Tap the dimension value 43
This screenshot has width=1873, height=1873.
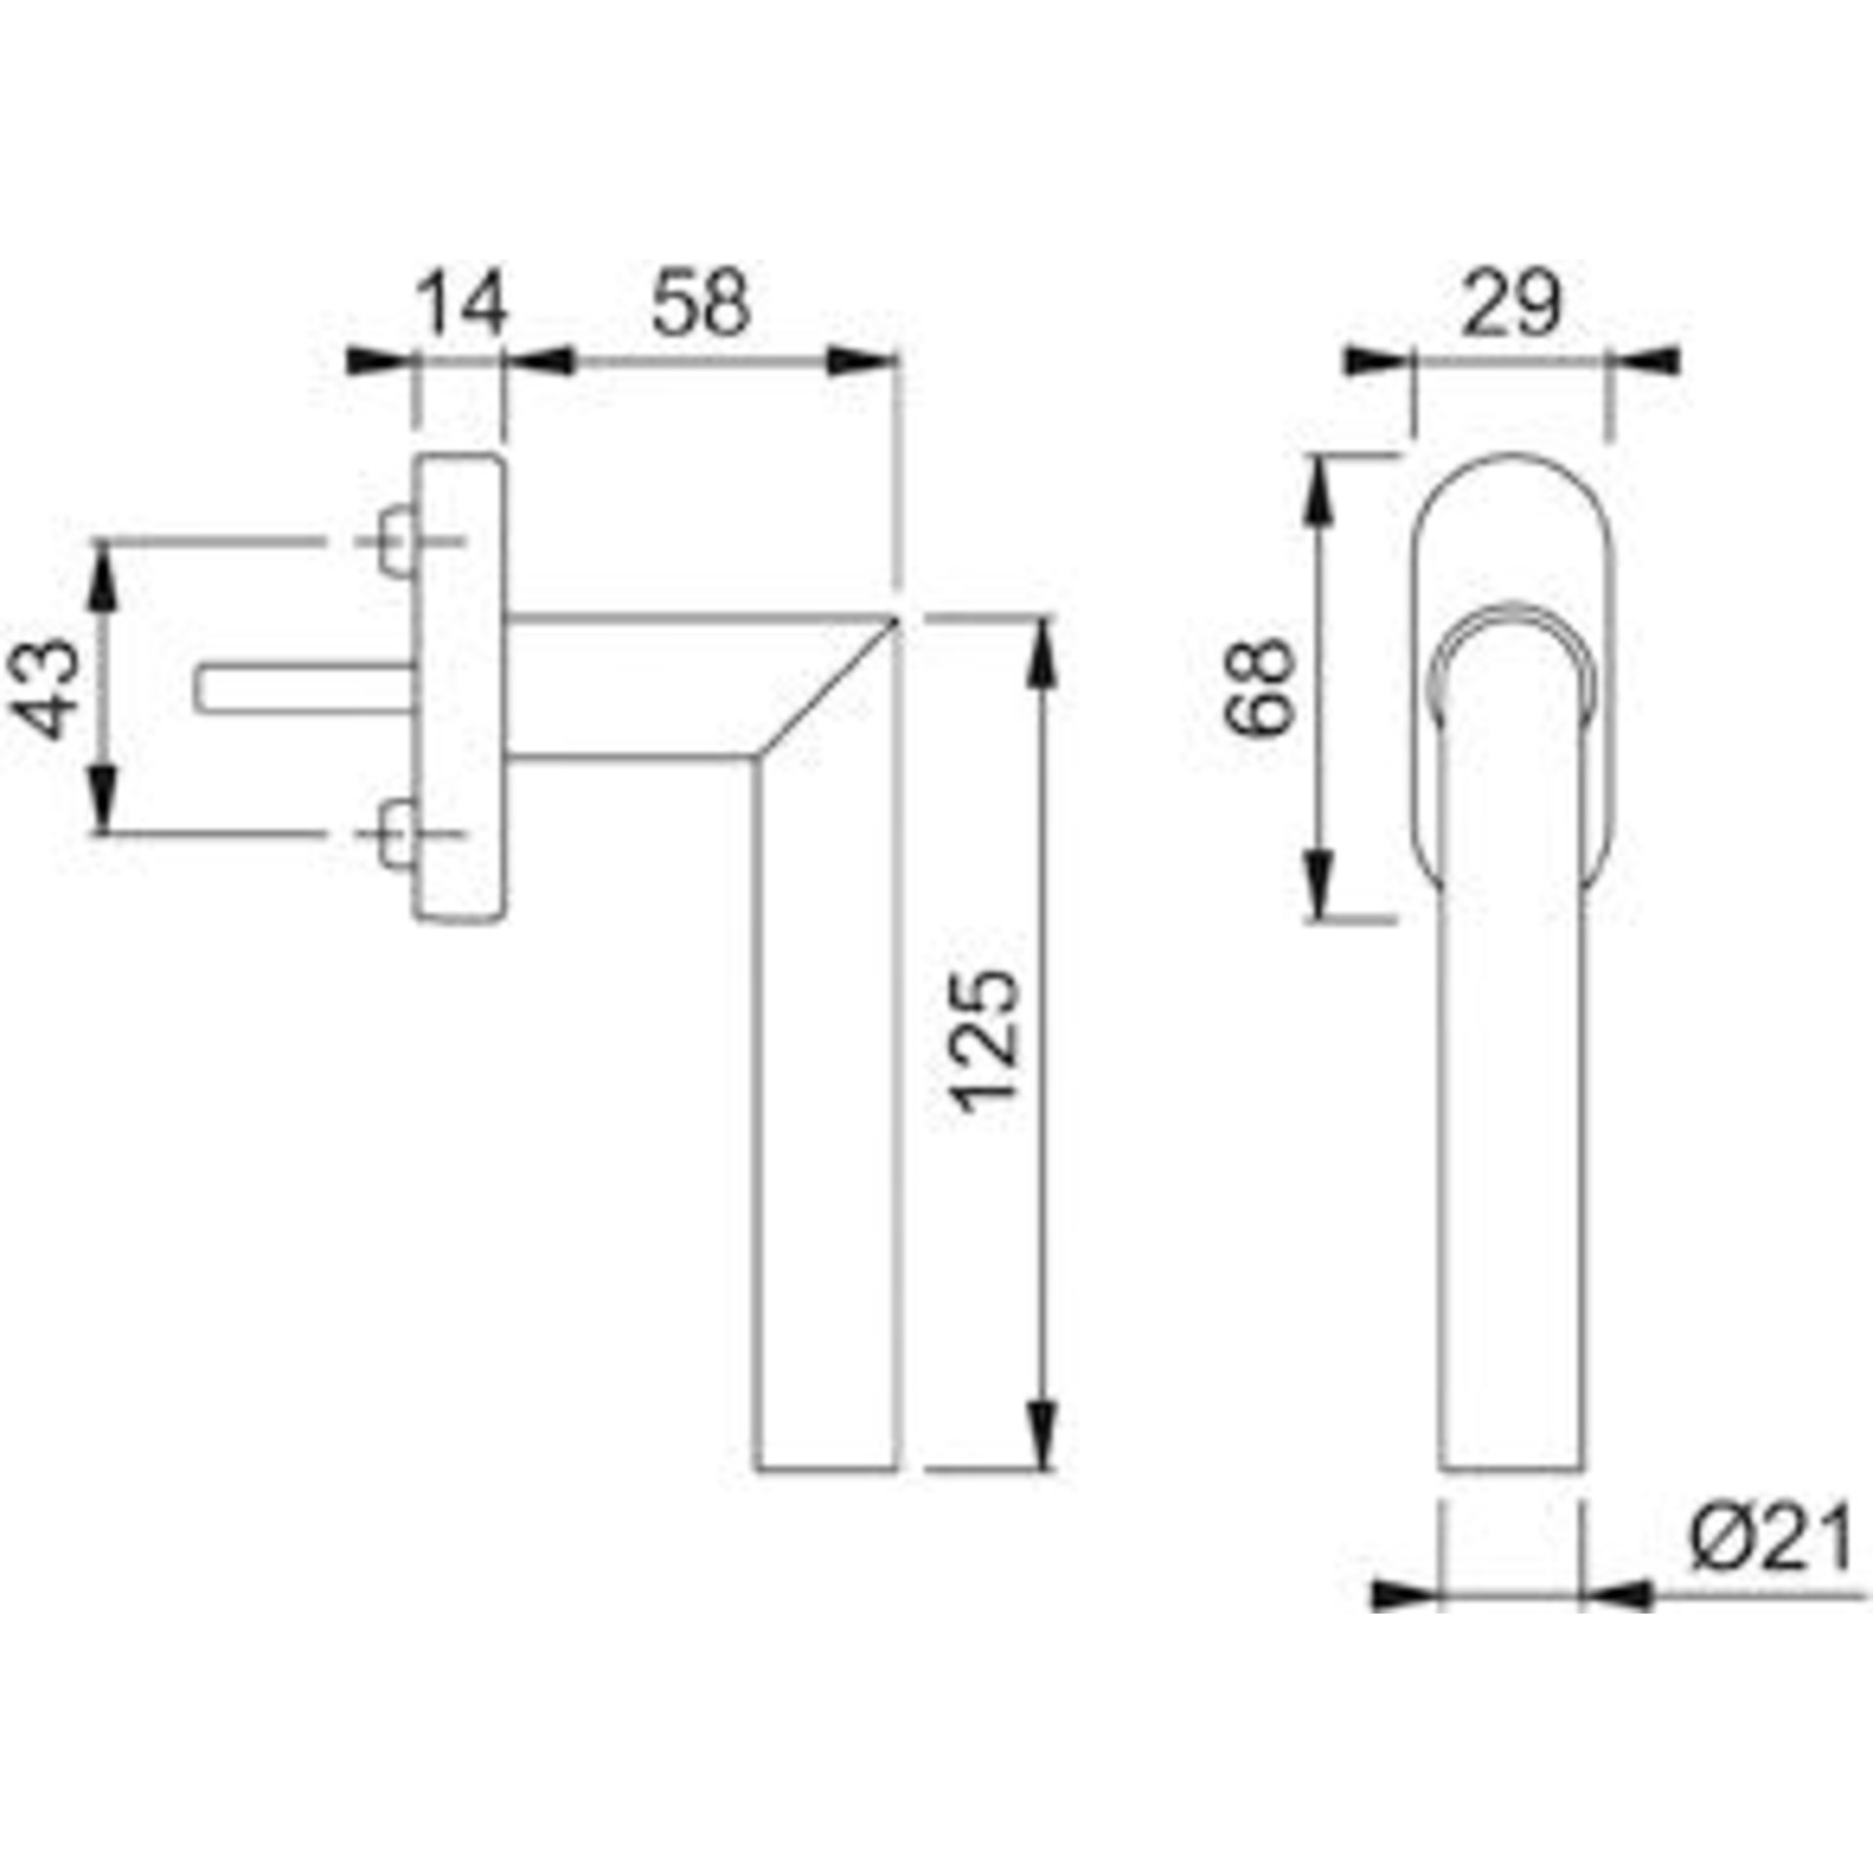coord(48,688)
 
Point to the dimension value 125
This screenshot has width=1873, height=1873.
coord(986,1041)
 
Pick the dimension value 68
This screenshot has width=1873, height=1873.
coord(1259,687)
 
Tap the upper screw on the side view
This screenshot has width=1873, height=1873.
coord(396,541)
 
